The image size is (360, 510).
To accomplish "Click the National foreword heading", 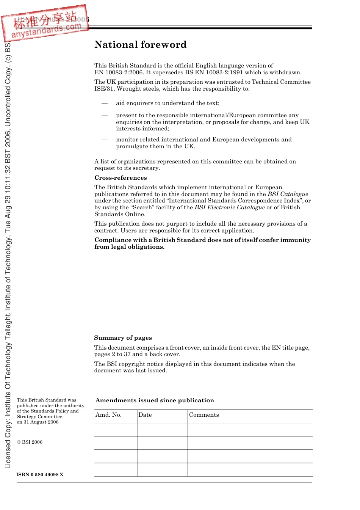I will [x=140, y=45].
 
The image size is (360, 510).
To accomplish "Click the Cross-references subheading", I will [x=121, y=178].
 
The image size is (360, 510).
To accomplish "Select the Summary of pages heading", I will [x=123, y=338].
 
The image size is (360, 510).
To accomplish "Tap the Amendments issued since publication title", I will [x=155, y=400].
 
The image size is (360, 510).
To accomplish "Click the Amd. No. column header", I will [x=108, y=415].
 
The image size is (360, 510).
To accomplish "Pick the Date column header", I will [x=145, y=415].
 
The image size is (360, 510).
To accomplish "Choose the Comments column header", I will [x=204, y=415].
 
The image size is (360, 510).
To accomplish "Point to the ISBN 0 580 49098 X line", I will [x=40, y=475].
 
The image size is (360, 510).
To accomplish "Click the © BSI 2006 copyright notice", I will [x=30, y=442].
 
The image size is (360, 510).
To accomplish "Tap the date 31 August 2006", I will [x=41, y=422].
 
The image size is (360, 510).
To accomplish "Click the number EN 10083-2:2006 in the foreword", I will [x=119, y=72].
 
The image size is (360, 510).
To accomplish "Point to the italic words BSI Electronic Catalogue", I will [x=230, y=207].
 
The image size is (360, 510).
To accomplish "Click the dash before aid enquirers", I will [x=105, y=104].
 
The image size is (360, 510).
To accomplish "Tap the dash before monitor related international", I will [x=105, y=140].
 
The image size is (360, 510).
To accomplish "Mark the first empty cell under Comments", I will [x=250, y=430].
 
